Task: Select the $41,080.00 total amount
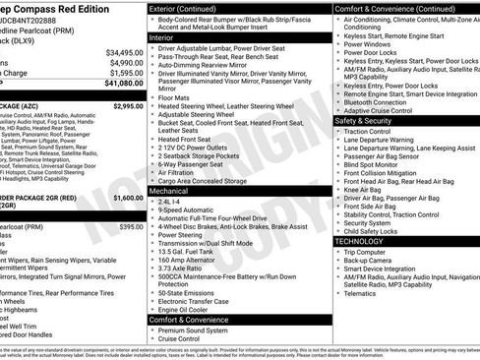[124, 83]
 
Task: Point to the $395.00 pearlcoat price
[132, 227]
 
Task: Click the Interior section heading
[162, 36]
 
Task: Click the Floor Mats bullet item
[174, 98]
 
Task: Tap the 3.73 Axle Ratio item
[182, 269]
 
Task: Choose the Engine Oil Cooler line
[185, 310]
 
